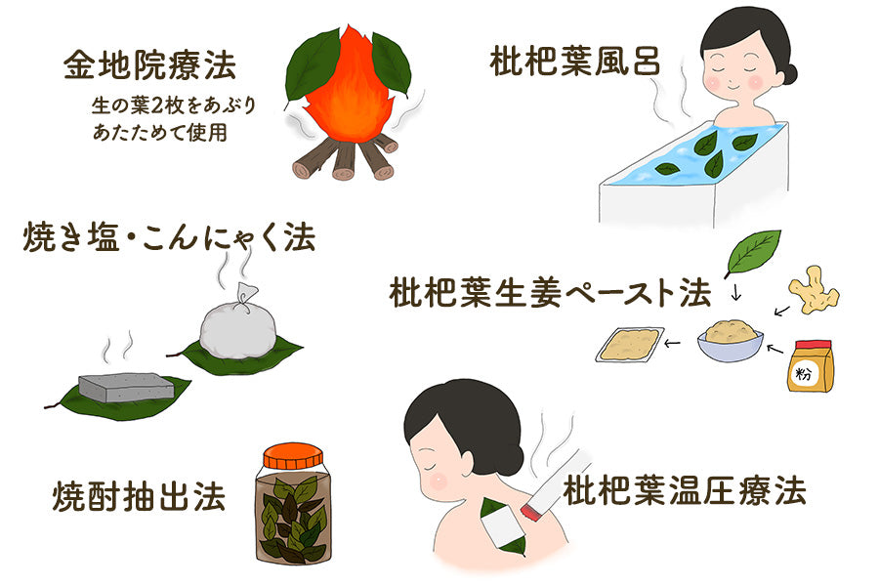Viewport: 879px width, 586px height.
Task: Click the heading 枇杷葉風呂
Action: pos(575,62)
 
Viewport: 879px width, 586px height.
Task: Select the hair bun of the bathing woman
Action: pos(786,73)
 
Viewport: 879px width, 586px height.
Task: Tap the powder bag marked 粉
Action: pos(811,366)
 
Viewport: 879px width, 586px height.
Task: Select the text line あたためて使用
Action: pos(160,132)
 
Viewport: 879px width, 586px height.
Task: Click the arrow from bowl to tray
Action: pos(674,343)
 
